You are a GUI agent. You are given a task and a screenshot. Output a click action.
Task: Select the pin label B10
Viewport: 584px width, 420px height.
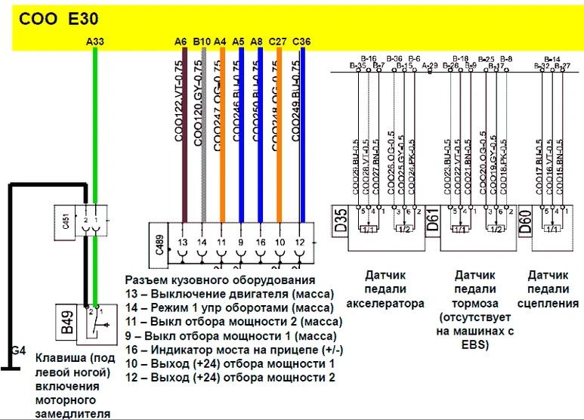coord(202,42)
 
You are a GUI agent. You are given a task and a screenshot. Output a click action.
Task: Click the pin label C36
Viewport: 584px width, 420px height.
coord(301,42)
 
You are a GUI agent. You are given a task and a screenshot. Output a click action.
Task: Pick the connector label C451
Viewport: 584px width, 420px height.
coord(66,221)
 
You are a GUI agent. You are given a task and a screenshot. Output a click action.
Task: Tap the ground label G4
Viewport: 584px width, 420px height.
coord(18,350)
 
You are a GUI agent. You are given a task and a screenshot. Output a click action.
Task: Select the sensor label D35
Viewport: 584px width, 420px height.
coord(340,222)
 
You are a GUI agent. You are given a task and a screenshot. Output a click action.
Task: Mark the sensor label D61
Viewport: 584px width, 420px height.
coord(433,222)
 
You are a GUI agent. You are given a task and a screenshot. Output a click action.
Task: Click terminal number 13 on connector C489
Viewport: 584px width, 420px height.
coord(182,242)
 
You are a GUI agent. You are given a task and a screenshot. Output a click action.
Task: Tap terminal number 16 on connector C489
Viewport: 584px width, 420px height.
coord(260,242)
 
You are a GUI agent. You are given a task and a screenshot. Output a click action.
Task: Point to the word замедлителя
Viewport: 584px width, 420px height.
coord(73,413)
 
